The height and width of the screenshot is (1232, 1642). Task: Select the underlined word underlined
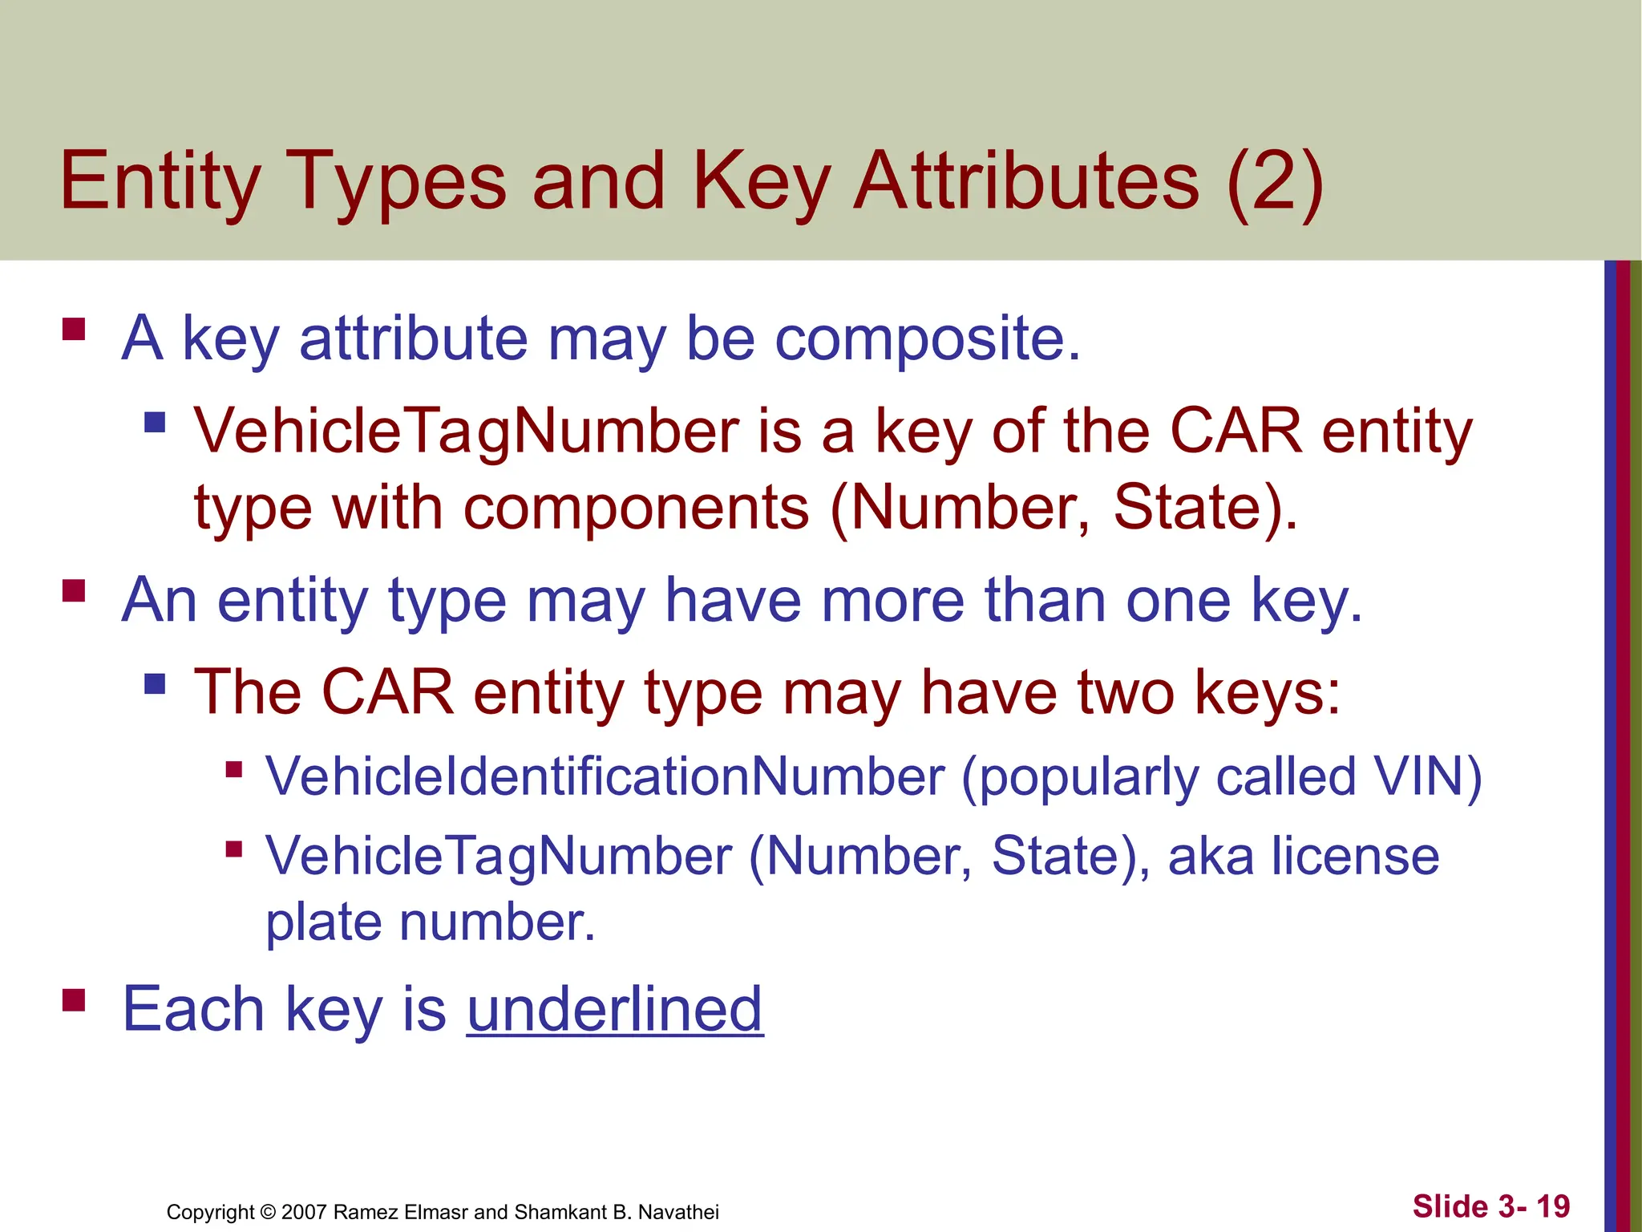pos(614,1009)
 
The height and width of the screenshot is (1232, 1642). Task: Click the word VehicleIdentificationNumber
pos(605,776)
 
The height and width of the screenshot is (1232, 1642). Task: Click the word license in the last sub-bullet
pos(1355,856)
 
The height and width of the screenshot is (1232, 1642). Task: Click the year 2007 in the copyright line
pos(304,1212)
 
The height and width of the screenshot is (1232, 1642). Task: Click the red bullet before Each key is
pos(74,1000)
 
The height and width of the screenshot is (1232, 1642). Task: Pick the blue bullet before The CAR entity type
pos(155,684)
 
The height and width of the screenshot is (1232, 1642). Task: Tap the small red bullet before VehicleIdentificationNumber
pos(234,770)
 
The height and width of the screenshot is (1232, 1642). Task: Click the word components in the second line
pos(637,508)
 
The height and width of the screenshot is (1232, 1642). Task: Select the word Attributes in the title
pos(1026,183)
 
